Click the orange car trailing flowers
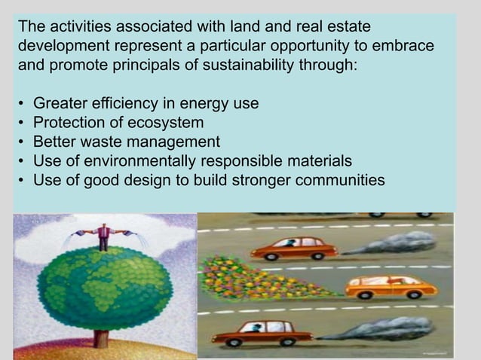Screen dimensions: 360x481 [x=391, y=286]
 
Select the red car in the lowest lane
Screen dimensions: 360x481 [x=262, y=331]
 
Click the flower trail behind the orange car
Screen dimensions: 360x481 [x=256, y=279]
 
